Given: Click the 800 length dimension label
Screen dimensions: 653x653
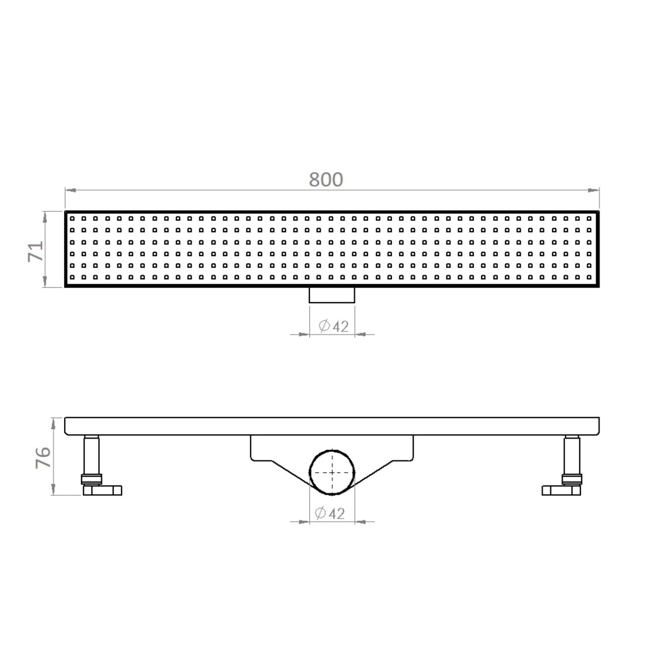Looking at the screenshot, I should (x=326, y=180).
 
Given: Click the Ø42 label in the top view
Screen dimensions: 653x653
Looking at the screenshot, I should (x=334, y=326).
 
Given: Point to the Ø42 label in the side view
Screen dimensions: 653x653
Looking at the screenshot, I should (x=330, y=513).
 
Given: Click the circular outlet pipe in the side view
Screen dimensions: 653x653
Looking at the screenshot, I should (x=332, y=472).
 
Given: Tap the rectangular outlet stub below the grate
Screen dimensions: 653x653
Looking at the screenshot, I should (x=332, y=295).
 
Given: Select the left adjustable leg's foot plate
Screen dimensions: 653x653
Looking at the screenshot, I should (x=102, y=490).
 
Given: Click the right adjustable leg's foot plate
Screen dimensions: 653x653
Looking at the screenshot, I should (x=561, y=490).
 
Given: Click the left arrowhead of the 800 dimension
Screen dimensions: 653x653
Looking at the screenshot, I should (x=70, y=190).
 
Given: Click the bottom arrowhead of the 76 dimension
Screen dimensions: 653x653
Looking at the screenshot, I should (x=53, y=490).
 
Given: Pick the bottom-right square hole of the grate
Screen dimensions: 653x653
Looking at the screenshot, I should (x=589, y=278).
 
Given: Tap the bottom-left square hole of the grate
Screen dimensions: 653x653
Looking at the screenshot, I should (x=72, y=278).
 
